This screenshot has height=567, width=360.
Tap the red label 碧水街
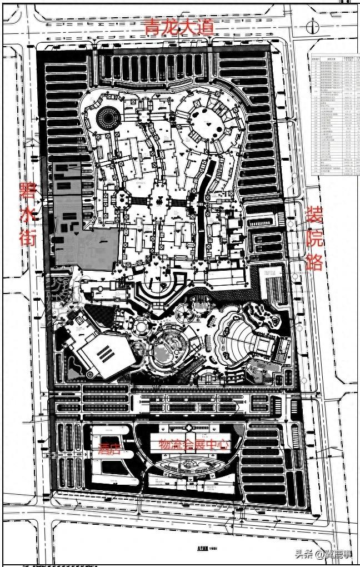pyautogui.click(x=28, y=214)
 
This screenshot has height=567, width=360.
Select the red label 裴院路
pyautogui.click(x=316, y=238)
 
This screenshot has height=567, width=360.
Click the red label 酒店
pyautogui.click(x=110, y=447)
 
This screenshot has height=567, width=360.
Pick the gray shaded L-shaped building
pyautogui.click(x=83, y=222)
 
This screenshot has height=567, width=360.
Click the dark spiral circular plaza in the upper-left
pyautogui.click(x=108, y=117)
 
